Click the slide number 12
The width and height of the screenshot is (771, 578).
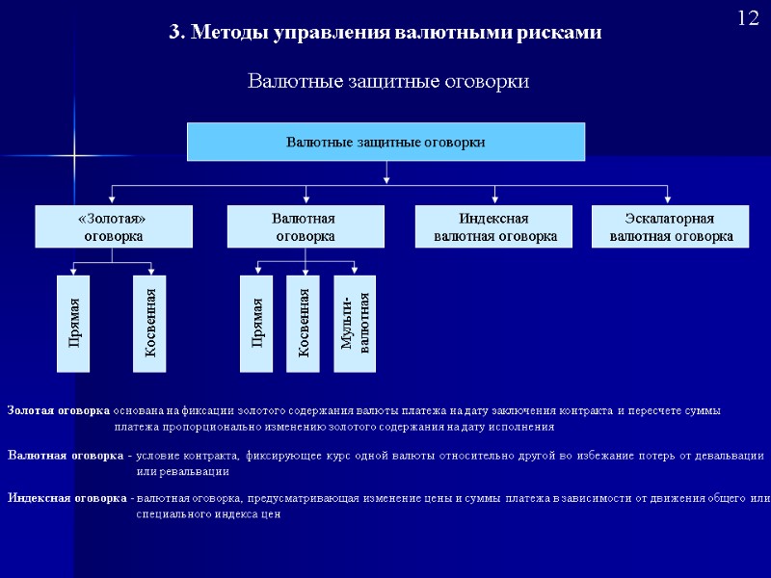pos(748,18)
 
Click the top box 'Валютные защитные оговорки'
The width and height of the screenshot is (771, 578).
pos(385,142)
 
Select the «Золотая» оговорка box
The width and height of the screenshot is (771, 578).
pos(113,227)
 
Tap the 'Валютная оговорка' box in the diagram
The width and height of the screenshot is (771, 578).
pos(305,227)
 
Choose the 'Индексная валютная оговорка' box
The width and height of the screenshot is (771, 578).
pos(495,227)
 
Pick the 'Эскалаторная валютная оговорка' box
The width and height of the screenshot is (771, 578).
pos(671,227)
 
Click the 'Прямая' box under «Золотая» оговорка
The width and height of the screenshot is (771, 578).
pos(73,324)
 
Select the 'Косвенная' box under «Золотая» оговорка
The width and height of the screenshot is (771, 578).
pos(149,324)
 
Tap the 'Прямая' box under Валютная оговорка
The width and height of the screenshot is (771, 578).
pos(256,324)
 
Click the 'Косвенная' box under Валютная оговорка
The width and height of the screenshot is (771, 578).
pos(304,324)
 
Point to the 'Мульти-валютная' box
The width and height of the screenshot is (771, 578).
pos(355,324)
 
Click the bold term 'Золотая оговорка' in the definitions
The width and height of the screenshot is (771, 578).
pos(58,410)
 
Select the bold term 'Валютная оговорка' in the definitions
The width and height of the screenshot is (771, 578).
pos(65,455)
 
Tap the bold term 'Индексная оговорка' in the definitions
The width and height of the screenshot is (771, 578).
pos(67,498)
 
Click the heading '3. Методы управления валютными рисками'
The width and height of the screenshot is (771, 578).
pos(385,32)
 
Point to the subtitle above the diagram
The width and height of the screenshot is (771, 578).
pos(388,82)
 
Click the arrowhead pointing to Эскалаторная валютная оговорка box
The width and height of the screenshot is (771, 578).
pos(671,201)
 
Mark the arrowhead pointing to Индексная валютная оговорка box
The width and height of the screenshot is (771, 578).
pos(495,201)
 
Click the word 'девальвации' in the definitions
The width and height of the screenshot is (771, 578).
pos(728,455)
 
